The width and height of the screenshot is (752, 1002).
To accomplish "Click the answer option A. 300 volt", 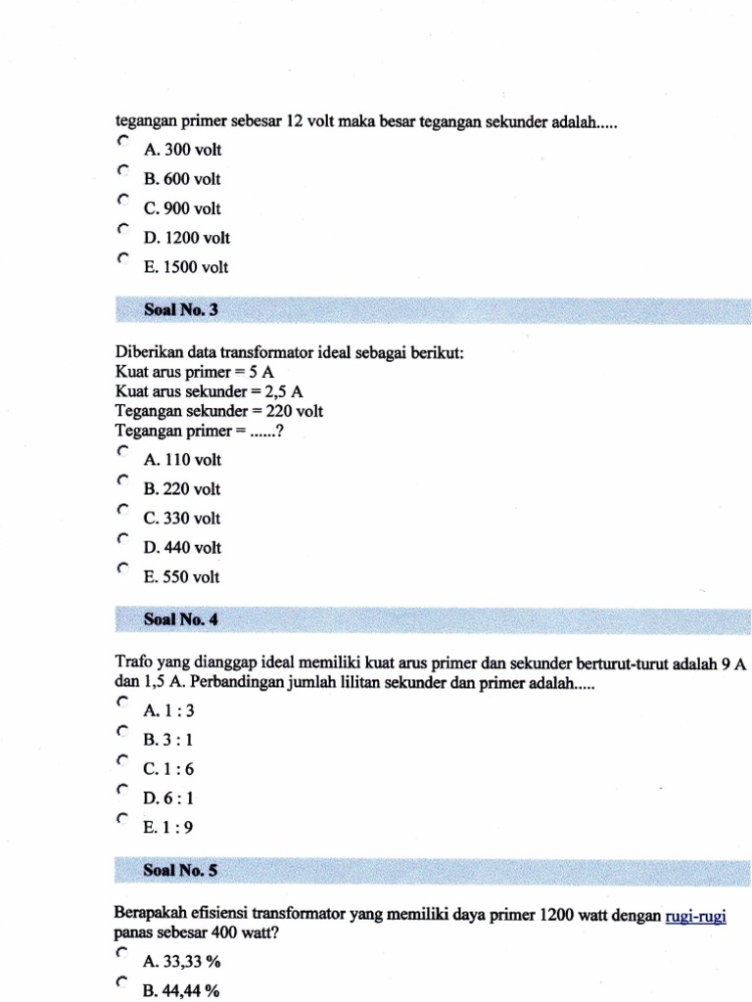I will (x=182, y=150).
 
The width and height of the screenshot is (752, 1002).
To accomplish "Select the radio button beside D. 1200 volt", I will (x=121, y=229).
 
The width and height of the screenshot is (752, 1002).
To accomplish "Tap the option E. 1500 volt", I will (x=185, y=267).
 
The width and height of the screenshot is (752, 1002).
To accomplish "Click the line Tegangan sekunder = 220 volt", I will (x=218, y=411).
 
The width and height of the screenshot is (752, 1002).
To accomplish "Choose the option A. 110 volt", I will (x=182, y=460).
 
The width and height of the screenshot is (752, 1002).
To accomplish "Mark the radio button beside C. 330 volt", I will (x=121, y=510).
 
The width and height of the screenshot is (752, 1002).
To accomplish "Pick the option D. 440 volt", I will (x=182, y=548).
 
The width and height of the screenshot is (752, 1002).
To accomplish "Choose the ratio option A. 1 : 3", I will (x=167, y=710).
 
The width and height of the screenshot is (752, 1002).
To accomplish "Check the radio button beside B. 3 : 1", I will (x=121, y=731).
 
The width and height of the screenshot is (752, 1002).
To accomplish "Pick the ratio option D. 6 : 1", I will (x=168, y=798).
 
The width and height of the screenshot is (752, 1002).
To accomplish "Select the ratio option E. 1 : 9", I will (x=167, y=828).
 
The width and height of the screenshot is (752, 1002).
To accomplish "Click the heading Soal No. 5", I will (x=180, y=869).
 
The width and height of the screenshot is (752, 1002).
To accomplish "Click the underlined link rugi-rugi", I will (x=695, y=915).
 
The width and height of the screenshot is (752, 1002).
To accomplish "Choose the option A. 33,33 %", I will (x=180, y=962).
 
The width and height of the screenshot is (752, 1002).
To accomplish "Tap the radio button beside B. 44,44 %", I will (x=121, y=982).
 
